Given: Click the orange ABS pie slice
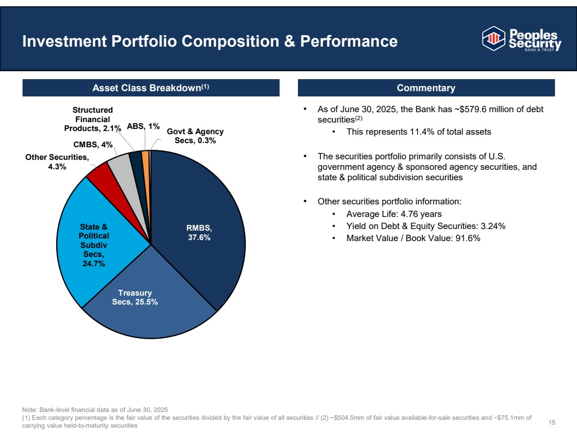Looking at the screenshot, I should [145, 155].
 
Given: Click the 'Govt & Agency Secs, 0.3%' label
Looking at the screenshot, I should [195, 136].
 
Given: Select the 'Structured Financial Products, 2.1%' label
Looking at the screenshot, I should [92, 119].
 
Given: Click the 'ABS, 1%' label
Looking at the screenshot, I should [143, 126].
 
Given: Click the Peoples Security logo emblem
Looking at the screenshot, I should [492, 38].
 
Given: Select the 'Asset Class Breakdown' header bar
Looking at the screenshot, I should [151, 88].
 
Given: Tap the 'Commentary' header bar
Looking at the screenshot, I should [426, 88].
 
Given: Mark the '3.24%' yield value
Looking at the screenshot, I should [493, 226].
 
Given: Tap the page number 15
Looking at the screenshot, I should [551, 422].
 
